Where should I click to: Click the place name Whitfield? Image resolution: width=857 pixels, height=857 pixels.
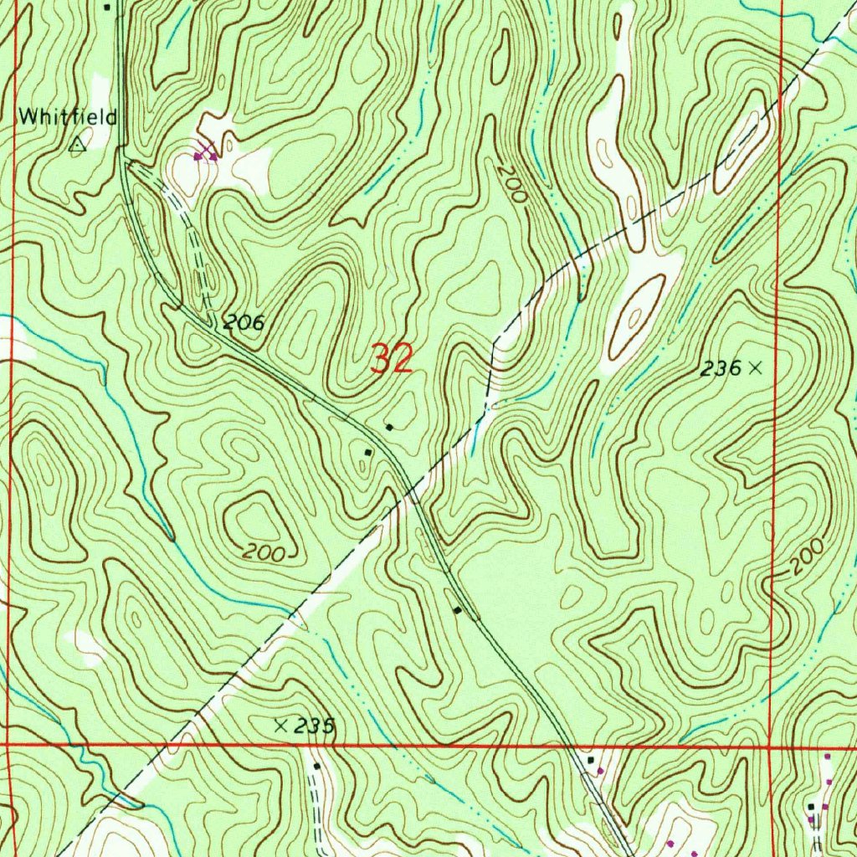tap(68, 117)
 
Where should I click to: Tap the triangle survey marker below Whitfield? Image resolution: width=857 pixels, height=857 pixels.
tap(78, 144)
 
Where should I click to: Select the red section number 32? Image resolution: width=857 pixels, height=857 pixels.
tap(392, 359)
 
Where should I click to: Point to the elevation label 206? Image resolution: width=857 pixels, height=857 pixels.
tap(243, 322)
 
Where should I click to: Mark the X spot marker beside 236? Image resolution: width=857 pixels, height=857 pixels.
tap(757, 367)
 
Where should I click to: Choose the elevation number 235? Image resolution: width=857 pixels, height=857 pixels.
tap(316, 726)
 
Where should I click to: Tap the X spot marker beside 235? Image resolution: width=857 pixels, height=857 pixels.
tap(281, 726)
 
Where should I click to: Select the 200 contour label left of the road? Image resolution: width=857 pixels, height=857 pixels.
tap(265, 552)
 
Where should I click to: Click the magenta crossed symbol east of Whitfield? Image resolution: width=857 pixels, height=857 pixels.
tap(205, 153)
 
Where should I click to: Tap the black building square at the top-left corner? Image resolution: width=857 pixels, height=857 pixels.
tap(107, 7)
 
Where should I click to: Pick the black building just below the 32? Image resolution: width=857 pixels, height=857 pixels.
tap(389, 428)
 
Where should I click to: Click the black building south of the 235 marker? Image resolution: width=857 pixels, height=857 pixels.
tap(317, 766)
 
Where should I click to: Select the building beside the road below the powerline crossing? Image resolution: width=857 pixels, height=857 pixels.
tap(457, 610)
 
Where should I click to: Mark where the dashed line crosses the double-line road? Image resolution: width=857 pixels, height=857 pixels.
tap(413, 495)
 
